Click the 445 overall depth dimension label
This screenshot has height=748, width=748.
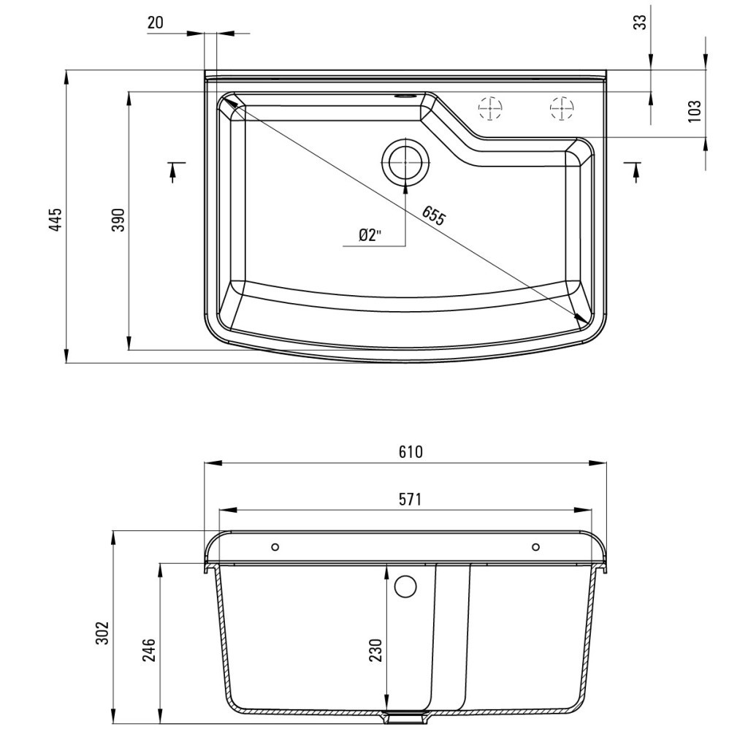56,219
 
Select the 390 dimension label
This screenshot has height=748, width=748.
118,219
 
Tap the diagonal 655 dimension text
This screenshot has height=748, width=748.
433,215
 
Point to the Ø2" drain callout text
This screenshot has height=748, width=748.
371,234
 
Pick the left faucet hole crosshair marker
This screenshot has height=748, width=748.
490,108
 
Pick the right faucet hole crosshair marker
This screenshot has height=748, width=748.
561,108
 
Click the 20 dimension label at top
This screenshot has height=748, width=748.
156,23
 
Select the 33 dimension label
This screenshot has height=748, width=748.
641,23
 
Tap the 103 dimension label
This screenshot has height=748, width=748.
695,110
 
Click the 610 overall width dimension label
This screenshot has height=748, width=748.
411,452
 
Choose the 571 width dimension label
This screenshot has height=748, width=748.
411,500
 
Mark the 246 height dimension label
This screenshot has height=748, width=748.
148,649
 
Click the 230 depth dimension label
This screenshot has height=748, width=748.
375,649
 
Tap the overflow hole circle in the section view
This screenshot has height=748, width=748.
405,585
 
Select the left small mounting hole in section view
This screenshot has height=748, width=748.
275,547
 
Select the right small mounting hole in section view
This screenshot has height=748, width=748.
536,547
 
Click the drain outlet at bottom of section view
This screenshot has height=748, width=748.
405,717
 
